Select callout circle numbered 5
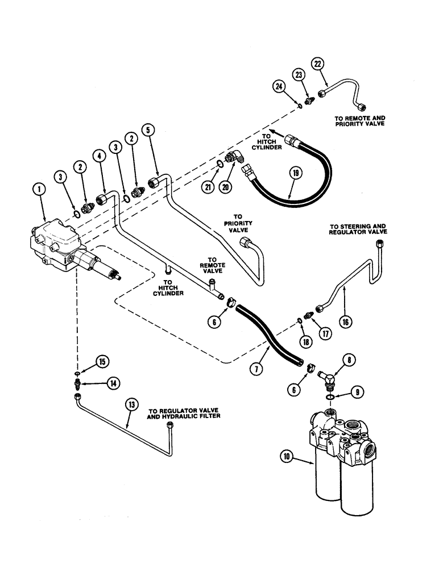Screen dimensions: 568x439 pyautogui.click(x=148, y=130)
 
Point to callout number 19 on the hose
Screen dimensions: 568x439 pyautogui.click(x=294, y=173)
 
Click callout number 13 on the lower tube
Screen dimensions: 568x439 pyautogui.click(x=132, y=405)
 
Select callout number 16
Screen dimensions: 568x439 pyautogui.click(x=345, y=321)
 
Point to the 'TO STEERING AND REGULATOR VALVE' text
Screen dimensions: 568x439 pyautogui.click(x=358, y=229)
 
